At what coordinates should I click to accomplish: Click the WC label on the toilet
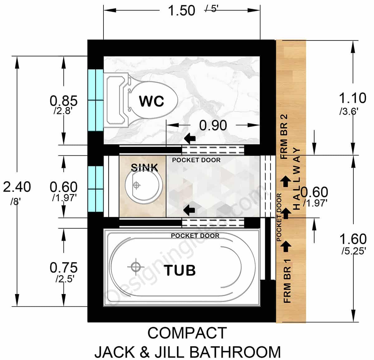click(151, 101)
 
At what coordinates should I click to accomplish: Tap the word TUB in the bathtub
click(180, 270)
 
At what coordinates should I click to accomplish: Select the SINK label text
click(144, 168)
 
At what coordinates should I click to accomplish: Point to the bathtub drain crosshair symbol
click(136, 267)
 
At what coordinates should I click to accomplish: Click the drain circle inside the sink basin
click(136, 185)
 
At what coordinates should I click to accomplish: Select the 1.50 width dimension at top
click(181, 11)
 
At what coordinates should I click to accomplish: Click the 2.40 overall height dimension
click(17, 187)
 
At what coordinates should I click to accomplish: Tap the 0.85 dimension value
click(64, 101)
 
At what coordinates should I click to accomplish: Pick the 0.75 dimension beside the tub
click(64, 268)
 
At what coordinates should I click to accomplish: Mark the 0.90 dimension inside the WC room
click(213, 126)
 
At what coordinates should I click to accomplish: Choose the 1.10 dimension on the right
click(352, 98)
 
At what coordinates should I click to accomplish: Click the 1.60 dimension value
click(353, 239)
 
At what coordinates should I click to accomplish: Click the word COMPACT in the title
click(187, 333)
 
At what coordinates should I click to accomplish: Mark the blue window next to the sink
click(95, 189)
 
